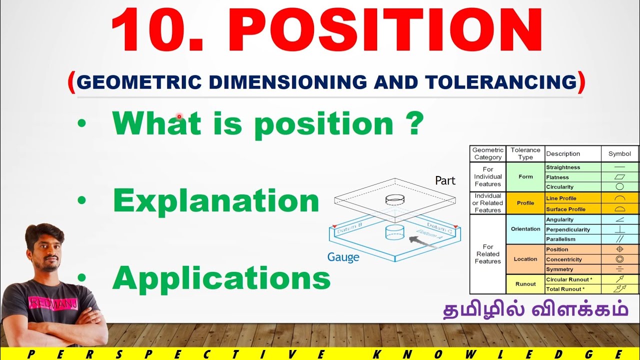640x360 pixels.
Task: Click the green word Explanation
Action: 216,201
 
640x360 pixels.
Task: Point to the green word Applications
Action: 221,278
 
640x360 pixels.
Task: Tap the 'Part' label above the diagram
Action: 445,180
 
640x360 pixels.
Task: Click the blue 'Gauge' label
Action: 343,257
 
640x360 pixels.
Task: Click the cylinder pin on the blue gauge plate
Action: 394,232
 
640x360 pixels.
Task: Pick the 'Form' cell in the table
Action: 525,177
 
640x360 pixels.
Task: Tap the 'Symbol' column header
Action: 619,153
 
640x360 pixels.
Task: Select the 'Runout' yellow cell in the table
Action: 525,284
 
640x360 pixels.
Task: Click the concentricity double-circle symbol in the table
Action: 619,259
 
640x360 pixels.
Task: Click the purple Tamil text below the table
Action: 535,309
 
